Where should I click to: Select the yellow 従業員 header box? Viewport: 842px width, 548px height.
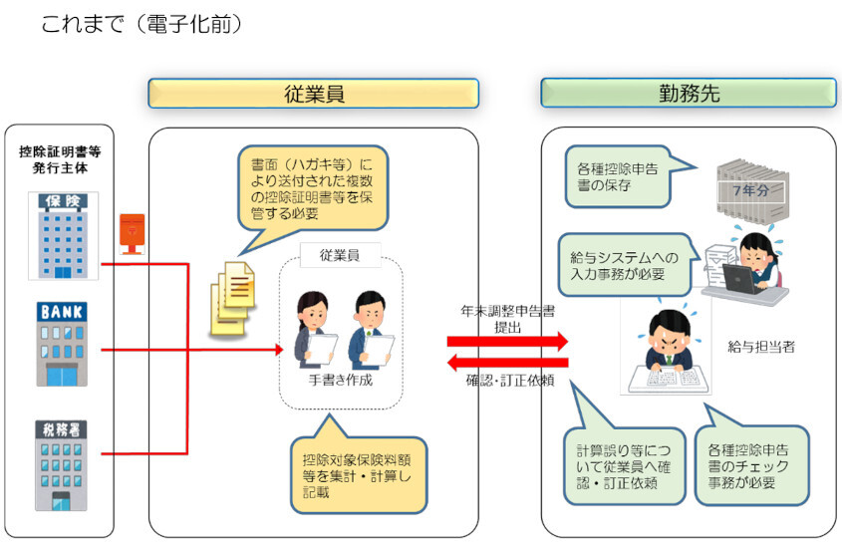tap(313, 94)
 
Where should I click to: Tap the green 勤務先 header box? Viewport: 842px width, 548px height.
tap(689, 94)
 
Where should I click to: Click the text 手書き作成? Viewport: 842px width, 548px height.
tap(341, 380)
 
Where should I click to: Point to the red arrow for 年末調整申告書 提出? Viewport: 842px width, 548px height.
tap(507, 341)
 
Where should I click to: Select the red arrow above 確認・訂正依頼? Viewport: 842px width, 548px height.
tap(507, 362)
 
